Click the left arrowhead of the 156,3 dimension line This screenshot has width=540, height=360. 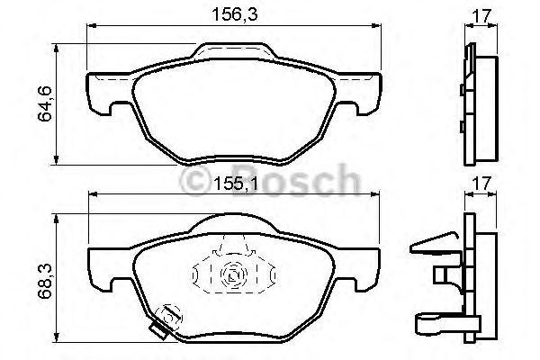(89, 30)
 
